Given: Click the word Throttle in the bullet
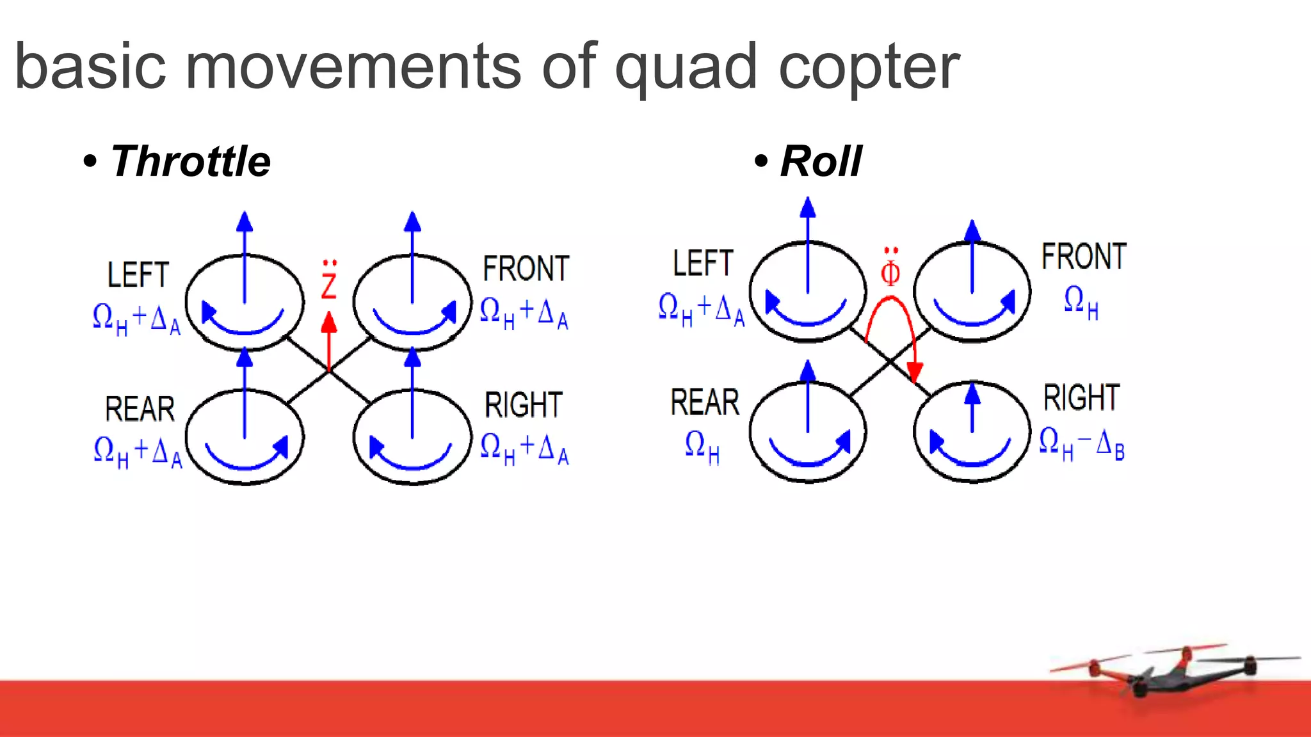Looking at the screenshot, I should (190, 161).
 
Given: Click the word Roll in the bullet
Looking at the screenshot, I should (821, 161).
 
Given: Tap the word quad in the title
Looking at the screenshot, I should (686, 67).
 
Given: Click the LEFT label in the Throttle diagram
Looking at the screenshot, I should (138, 275).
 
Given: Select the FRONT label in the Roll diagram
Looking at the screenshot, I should (1083, 257).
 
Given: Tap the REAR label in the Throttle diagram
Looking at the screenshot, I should (140, 409).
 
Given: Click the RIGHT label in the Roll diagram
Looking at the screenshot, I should (1081, 398).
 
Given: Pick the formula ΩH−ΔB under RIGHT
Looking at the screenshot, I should (1081, 443).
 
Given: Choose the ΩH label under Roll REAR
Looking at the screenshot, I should (702, 446).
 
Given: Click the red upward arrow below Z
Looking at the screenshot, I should (329, 339).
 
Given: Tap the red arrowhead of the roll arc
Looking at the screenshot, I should (915, 372).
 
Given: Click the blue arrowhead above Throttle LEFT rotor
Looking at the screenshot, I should (245, 221).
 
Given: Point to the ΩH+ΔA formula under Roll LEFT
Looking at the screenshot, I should (701, 310).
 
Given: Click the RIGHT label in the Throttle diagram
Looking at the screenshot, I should (523, 405).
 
